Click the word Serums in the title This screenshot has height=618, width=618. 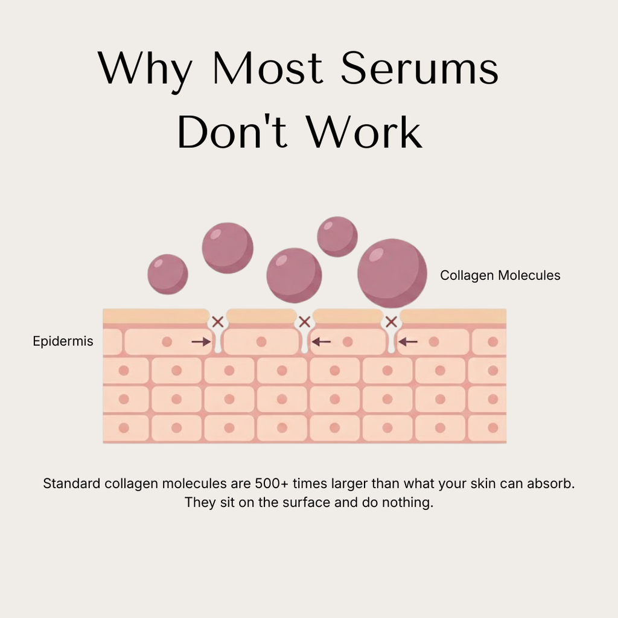point(419,69)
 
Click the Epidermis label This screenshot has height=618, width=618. point(63,342)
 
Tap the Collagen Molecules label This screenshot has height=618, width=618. point(500,276)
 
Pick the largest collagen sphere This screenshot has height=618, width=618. point(392,273)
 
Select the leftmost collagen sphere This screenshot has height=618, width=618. point(168,274)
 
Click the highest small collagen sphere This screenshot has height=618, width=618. point(337,237)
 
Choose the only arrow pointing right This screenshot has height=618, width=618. point(201,342)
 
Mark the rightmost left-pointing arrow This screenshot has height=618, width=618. point(408,342)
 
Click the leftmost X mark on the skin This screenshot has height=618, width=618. point(218,322)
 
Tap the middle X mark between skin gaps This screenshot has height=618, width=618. point(305,322)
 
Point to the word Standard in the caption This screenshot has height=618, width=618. point(71,484)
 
